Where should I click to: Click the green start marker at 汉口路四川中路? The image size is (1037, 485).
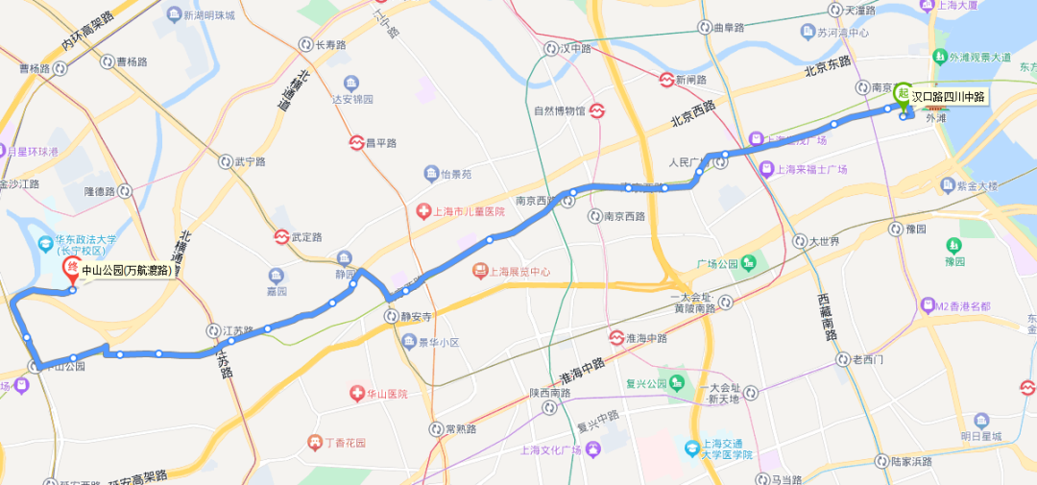[903, 94]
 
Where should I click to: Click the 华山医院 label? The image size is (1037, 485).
[381, 393]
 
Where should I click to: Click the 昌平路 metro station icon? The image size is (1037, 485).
[356, 142]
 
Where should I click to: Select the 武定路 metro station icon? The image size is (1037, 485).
[281, 236]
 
